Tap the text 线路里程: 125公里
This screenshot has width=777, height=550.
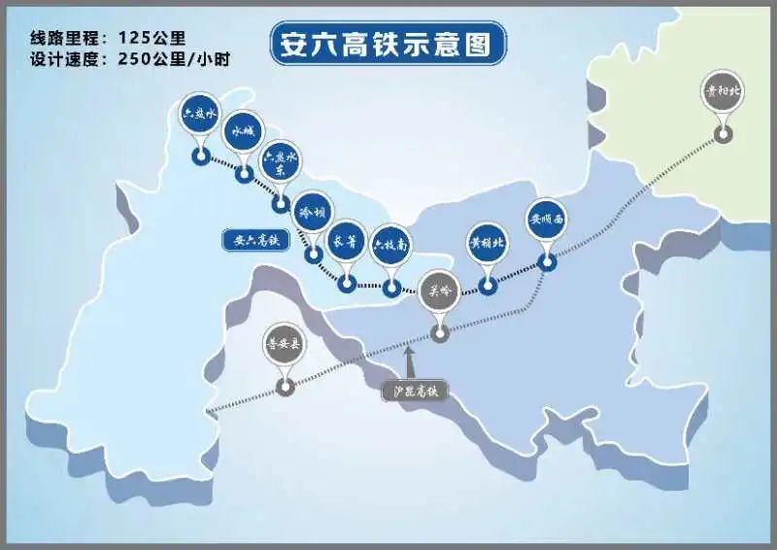tap(108, 38)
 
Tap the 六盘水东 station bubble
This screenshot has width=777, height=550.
tap(282, 161)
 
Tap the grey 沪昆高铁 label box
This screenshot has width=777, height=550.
tap(414, 390)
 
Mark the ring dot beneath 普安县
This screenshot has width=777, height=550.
tap(285, 387)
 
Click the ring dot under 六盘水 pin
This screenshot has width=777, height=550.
tap(200, 155)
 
